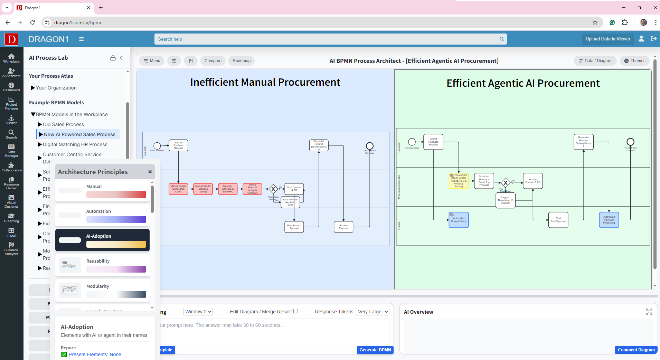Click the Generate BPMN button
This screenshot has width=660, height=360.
click(x=375, y=350)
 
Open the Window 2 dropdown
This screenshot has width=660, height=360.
click(x=198, y=312)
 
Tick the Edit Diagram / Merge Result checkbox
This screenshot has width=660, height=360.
click(x=295, y=311)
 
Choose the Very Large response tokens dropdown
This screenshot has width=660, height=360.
click(x=373, y=312)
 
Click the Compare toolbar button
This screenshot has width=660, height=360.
click(x=213, y=61)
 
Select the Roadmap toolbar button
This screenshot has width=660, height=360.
click(x=242, y=61)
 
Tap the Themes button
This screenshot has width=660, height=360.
click(x=634, y=61)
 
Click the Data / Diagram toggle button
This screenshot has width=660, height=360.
click(x=595, y=61)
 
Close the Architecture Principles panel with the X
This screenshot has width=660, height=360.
click(x=150, y=172)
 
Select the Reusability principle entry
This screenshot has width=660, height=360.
click(x=102, y=265)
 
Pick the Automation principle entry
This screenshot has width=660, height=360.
click(x=102, y=215)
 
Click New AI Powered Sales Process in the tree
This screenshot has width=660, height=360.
click(x=79, y=134)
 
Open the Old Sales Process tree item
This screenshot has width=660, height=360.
click(x=63, y=124)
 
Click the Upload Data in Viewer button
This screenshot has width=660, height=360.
click(x=608, y=39)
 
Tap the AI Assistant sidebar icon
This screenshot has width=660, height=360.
click(x=11, y=73)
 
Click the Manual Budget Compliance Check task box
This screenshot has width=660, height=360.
click(x=178, y=189)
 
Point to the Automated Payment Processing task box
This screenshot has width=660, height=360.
click(x=609, y=220)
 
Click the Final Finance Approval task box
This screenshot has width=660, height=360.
click(x=294, y=227)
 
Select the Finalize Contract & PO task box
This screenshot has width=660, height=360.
click(x=533, y=181)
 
